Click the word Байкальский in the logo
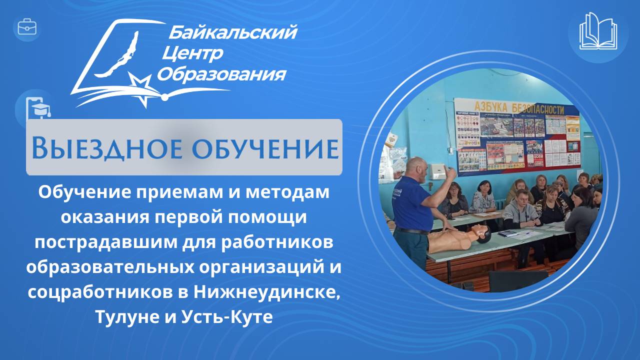[232, 33]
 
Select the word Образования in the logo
[222, 74]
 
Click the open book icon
[598, 31]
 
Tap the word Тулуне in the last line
[123, 316]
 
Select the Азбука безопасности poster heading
[525, 108]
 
